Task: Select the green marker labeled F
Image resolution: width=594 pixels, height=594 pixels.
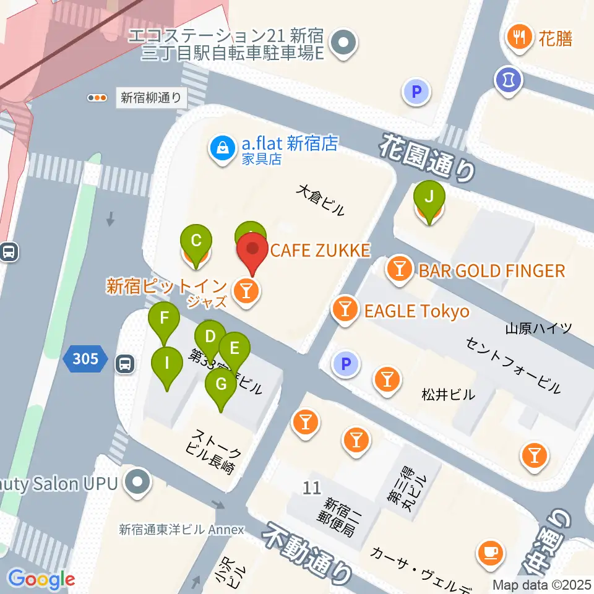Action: (x=164, y=319)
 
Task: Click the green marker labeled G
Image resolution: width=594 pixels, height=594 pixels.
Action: (x=221, y=384)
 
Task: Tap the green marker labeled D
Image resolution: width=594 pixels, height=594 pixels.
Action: (x=210, y=337)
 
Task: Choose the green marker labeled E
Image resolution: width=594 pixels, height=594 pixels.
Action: (x=234, y=348)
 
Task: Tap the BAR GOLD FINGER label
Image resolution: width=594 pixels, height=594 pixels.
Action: (x=491, y=270)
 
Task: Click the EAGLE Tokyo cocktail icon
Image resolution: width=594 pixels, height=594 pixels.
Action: (x=345, y=309)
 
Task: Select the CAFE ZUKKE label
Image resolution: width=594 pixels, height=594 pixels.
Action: (x=320, y=251)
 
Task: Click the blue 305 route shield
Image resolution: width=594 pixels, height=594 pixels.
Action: (x=85, y=359)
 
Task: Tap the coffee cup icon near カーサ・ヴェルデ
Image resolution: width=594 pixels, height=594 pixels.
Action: (x=491, y=551)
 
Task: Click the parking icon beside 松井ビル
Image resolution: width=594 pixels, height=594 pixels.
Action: (x=346, y=364)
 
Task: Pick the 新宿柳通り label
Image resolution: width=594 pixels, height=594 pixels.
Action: (x=151, y=97)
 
